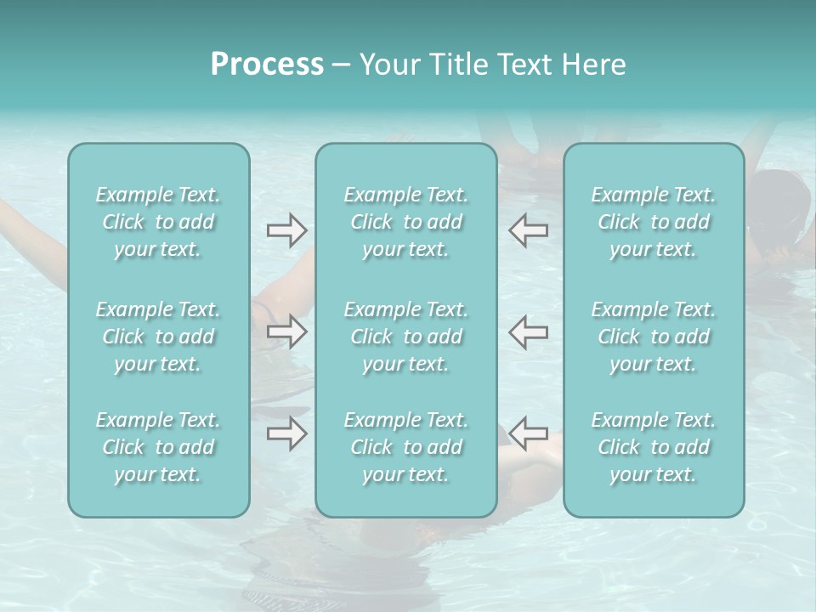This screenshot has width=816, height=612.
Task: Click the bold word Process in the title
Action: pyautogui.click(x=267, y=65)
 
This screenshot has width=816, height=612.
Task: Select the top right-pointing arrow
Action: pyautogui.click(x=286, y=230)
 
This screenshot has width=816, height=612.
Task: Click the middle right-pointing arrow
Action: pyautogui.click(x=286, y=331)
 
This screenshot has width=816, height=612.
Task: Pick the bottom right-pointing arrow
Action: pyautogui.click(x=286, y=433)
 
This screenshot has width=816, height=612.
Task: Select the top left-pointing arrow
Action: pyautogui.click(x=529, y=230)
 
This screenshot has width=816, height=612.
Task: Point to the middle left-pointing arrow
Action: pyautogui.click(x=529, y=331)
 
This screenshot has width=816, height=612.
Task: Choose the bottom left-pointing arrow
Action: pyautogui.click(x=529, y=433)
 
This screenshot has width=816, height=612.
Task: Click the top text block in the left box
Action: pyautogui.click(x=158, y=222)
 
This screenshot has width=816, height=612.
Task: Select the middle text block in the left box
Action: pyautogui.click(x=158, y=337)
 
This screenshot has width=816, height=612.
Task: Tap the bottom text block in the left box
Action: pyautogui.click(x=158, y=447)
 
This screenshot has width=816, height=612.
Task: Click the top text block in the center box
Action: pyautogui.click(x=406, y=222)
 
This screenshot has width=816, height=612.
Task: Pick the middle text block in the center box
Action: pyautogui.click(x=406, y=337)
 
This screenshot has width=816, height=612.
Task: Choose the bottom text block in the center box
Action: pyautogui.click(x=406, y=447)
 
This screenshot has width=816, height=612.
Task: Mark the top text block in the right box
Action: pyautogui.click(x=654, y=222)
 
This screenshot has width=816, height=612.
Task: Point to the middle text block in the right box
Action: pyautogui.click(x=654, y=337)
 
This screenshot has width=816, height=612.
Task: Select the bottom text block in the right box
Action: pyautogui.click(x=654, y=447)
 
